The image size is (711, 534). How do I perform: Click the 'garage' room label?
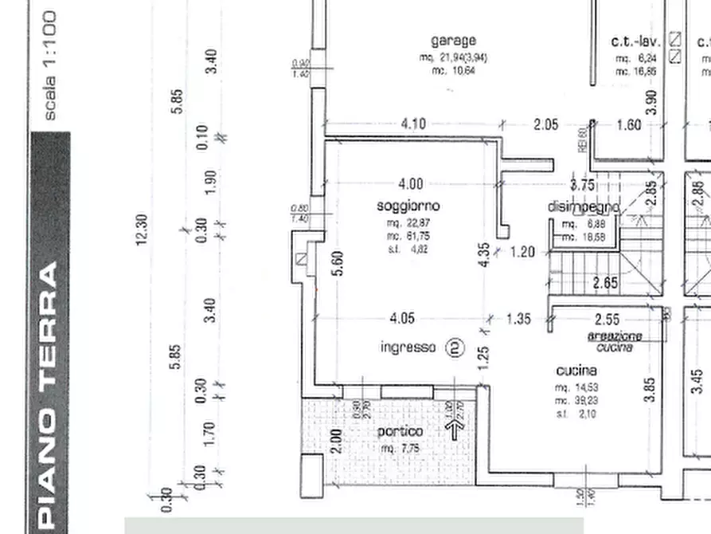tap(453, 40)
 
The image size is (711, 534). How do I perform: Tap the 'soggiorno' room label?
tap(408, 206)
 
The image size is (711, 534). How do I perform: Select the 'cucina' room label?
tap(576, 371)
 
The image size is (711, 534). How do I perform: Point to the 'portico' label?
tap(400, 431)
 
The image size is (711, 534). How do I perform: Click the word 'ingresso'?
tap(408, 347)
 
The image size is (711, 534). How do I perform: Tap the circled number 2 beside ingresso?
tap(455, 347)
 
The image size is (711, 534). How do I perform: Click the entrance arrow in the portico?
tap(455, 430)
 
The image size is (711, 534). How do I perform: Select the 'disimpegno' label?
tap(583, 207)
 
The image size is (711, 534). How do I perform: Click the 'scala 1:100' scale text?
tap(49, 65)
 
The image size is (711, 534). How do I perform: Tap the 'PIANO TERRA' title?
tap(49, 395)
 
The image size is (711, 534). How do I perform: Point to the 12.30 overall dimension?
tap(143, 230)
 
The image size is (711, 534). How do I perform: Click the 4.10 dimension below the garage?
tap(413, 124)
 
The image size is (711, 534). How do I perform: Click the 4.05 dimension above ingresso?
tap(402, 319)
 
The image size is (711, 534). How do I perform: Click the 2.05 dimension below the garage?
tap(545, 124)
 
